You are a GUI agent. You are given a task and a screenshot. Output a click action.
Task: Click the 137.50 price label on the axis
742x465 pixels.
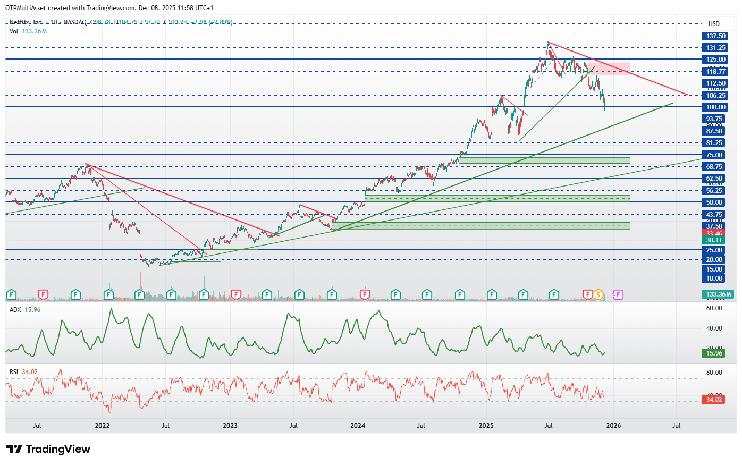tap(715, 36)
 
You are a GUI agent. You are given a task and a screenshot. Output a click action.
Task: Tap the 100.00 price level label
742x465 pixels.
tap(715, 107)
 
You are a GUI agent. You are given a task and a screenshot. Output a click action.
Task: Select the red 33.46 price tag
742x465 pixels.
tap(714, 233)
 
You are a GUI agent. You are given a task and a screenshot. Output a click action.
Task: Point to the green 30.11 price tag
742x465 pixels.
tap(714, 240)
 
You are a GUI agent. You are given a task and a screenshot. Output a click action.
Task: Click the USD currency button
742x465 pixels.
tap(714, 24)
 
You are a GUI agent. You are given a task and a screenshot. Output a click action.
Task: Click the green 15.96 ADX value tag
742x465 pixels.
tap(714, 353)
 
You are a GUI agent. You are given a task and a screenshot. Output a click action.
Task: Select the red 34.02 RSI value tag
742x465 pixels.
tap(714, 400)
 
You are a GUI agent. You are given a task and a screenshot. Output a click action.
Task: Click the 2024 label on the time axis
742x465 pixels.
tap(358, 426)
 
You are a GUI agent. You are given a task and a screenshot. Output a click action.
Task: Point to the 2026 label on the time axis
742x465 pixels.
tap(613, 426)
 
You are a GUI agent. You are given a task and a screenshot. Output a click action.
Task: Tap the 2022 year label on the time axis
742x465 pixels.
tap(102, 426)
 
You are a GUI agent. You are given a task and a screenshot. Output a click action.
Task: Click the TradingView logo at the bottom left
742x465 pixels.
tap(48, 450)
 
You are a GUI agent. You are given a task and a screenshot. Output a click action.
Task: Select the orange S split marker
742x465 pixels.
tap(598, 294)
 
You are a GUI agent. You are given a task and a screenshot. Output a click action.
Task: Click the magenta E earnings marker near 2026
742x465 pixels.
tap(618, 294)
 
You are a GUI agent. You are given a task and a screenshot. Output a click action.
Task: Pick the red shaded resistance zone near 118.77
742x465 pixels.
tap(609, 69)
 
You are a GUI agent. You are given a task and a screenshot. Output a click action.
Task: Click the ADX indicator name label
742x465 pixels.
tap(15, 310)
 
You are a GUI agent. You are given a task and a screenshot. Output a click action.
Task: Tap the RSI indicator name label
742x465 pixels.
tap(14, 372)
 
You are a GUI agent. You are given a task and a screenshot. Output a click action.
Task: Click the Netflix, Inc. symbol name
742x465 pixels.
tap(26, 22)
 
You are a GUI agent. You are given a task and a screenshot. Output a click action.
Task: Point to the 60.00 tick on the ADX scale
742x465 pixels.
tap(714, 308)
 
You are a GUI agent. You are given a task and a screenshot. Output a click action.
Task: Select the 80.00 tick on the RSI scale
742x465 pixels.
tap(714, 373)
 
